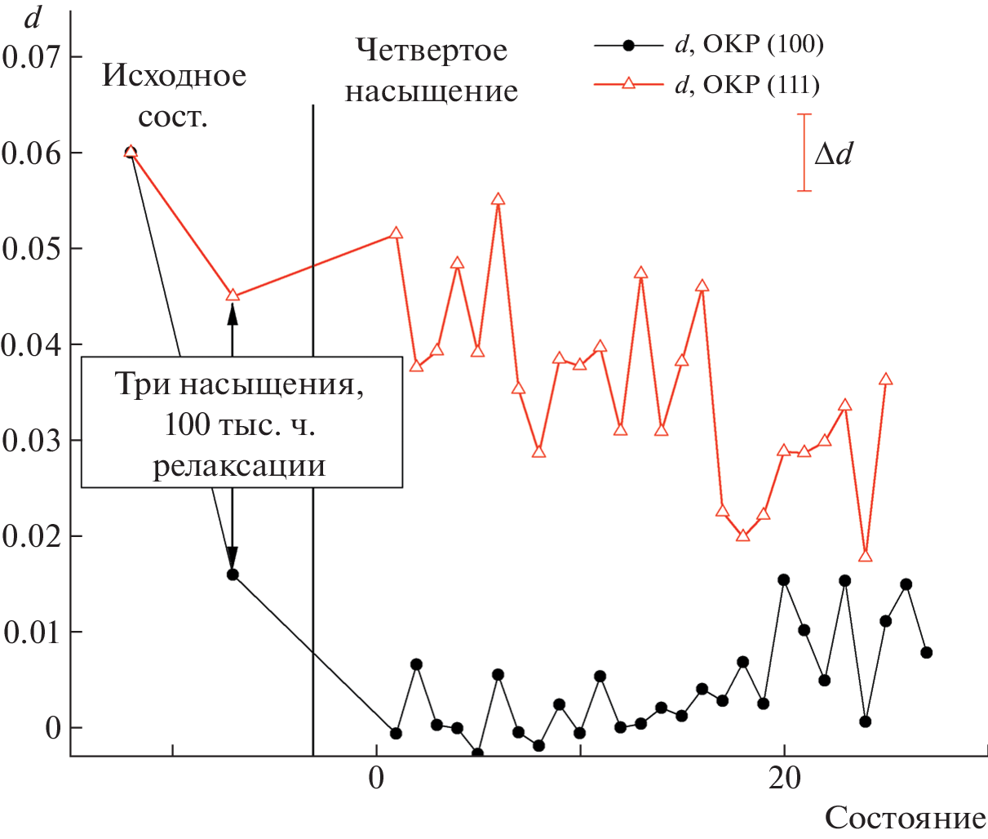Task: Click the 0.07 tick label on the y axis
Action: (31, 57)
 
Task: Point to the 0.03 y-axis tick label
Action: (31, 441)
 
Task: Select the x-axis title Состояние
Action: (905, 818)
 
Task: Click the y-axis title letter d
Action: (32, 17)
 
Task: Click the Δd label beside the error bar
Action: (833, 153)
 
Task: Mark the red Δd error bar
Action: (804, 153)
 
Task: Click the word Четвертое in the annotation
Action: (432, 51)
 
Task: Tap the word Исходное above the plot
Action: (174, 76)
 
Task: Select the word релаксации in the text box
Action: (240, 466)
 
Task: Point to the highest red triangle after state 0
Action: (498, 199)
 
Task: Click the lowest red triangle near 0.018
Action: (866, 556)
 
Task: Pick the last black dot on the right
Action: (926, 652)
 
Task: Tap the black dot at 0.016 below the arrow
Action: (233, 575)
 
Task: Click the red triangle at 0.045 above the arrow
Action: (233, 295)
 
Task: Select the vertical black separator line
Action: (313, 408)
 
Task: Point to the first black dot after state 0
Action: (396, 734)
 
